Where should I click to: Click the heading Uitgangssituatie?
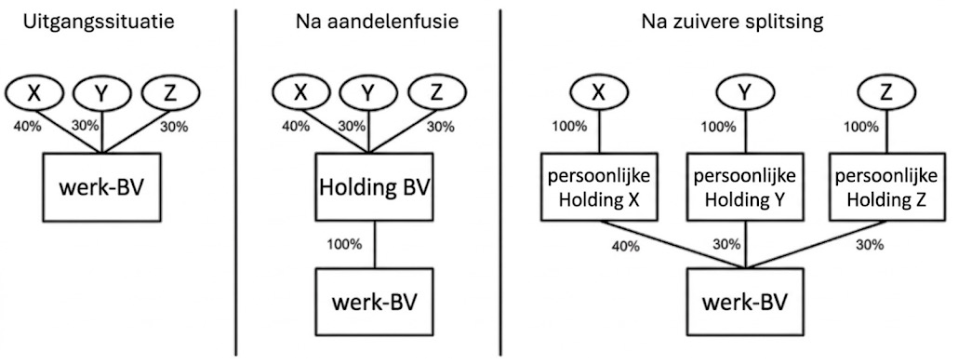(x=99, y=21)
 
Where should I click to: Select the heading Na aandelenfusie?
(x=377, y=21)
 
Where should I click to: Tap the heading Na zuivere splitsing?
(x=732, y=21)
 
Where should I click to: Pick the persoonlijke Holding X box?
(x=599, y=187)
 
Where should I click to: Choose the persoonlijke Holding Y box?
(x=745, y=187)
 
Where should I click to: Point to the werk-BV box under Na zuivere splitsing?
(x=745, y=302)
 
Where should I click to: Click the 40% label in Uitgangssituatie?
(x=27, y=127)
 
